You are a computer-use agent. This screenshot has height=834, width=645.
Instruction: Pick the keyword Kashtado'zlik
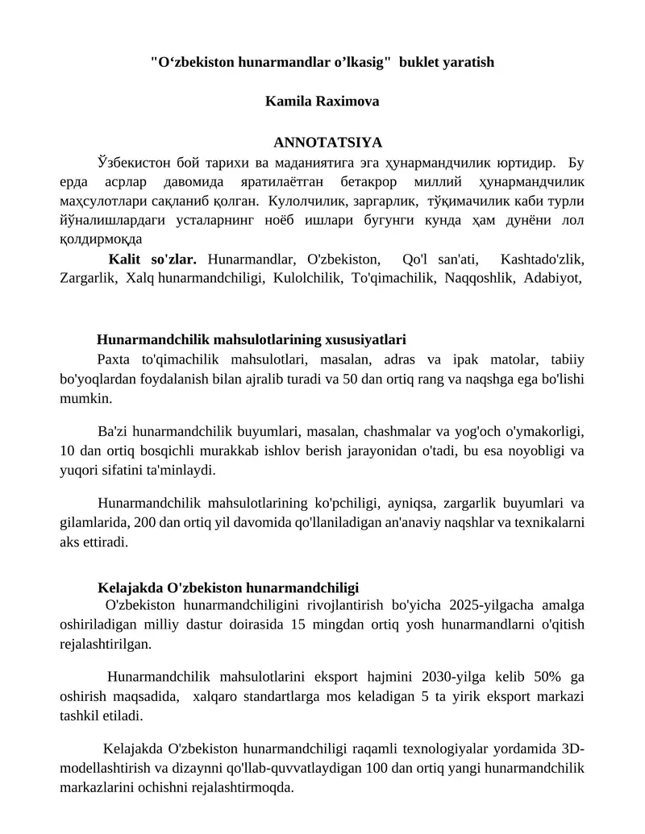point(542,259)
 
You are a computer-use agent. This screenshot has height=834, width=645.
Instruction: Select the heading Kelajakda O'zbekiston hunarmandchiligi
point(228,587)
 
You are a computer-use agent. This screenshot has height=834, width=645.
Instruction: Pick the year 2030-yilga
point(456,676)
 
